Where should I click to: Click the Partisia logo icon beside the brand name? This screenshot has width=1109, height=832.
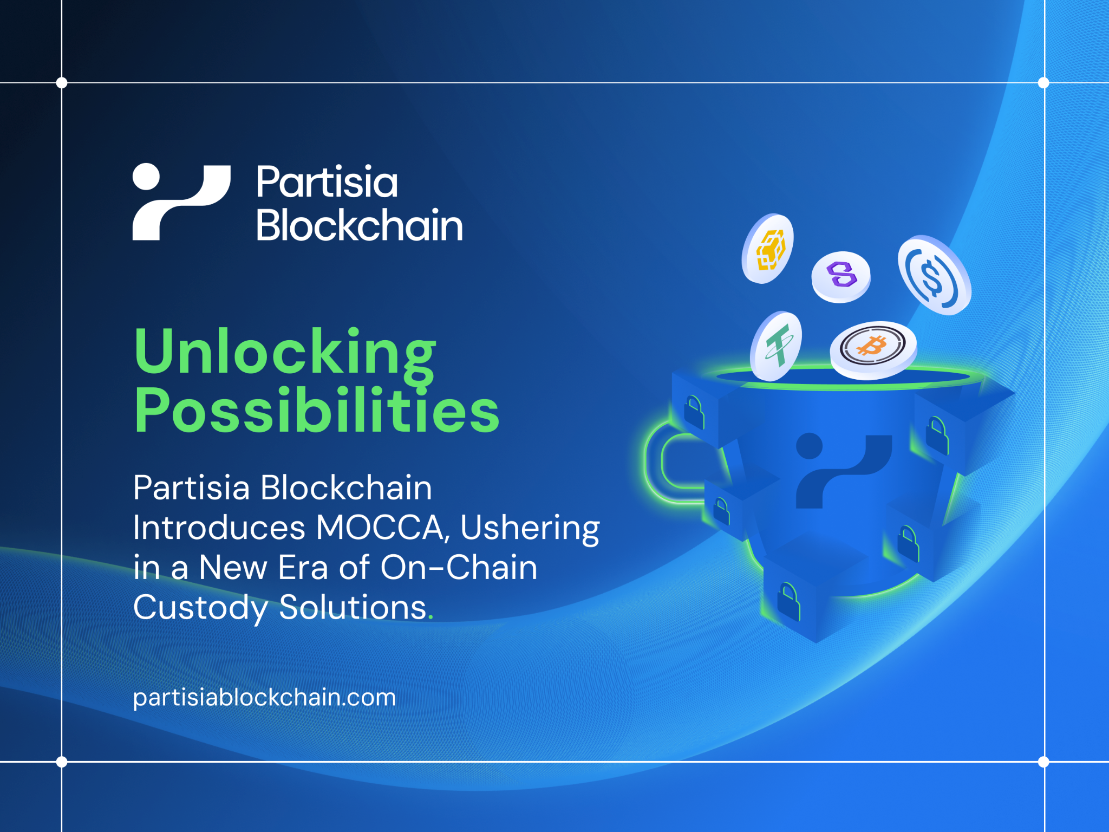(x=181, y=201)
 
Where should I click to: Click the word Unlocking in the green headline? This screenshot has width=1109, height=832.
(x=285, y=352)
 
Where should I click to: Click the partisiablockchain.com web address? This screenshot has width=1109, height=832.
(x=264, y=697)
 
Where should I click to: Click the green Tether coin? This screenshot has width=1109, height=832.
(x=777, y=346)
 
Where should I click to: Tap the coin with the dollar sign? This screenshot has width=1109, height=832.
(x=933, y=275)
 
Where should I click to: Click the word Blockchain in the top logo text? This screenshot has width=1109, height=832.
(x=359, y=225)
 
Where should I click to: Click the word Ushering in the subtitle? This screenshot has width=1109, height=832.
(x=530, y=528)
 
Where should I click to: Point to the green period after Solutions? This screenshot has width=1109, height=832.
(x=430, y=616)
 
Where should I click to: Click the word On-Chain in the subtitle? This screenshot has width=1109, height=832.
(x=459, y=568)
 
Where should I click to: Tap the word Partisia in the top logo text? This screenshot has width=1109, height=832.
(x=327, y=182)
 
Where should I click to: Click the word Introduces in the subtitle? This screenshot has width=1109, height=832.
(x=219, y=528)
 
